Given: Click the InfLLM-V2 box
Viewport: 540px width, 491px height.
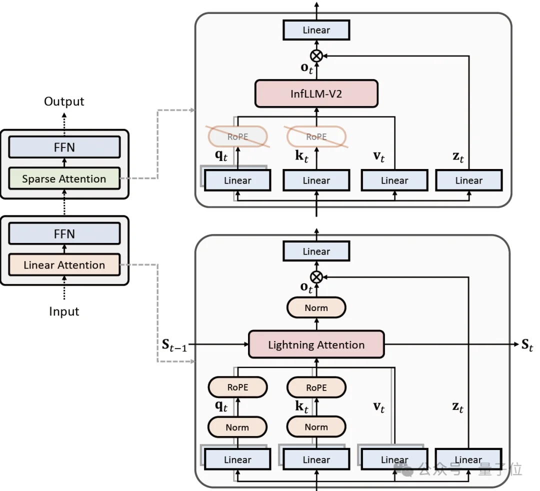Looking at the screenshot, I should click(316, 93).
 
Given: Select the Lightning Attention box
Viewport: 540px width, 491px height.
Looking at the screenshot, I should click(316, 344).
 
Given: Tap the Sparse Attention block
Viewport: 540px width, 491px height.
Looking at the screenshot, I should click(64, 178).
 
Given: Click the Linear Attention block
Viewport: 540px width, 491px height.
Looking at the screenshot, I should click(64, 265).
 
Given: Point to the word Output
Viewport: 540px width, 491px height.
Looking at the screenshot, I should click(64, 102).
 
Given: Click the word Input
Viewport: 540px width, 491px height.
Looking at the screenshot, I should click(64, 311).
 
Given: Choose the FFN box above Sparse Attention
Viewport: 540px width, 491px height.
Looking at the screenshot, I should click(64, 147).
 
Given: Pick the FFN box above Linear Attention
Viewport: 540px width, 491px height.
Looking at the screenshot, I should click(64, 233).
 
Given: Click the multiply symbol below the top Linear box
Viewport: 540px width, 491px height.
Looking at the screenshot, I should click(316, 55).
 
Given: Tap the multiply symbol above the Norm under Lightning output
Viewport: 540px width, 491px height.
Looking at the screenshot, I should click(316, 276).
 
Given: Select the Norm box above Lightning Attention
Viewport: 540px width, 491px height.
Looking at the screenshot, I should click(316, 308).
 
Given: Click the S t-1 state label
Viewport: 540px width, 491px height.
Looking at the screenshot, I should click(171, 345).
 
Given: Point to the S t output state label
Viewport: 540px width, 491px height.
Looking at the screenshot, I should click(527, 344).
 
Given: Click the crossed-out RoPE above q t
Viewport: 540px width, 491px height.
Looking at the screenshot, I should click(237, 136).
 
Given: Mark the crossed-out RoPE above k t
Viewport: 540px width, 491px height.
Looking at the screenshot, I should click(316, 136).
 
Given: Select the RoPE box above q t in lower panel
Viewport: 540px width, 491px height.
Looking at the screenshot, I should click(237, 387).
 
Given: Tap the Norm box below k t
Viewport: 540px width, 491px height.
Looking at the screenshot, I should click(316, 427).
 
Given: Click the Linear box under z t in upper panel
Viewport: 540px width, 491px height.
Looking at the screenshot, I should click(468, 180).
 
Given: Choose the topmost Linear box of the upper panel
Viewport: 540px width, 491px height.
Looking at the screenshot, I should click(316, 30).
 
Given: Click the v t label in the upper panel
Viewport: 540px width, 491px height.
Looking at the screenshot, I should click(379, 157).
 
